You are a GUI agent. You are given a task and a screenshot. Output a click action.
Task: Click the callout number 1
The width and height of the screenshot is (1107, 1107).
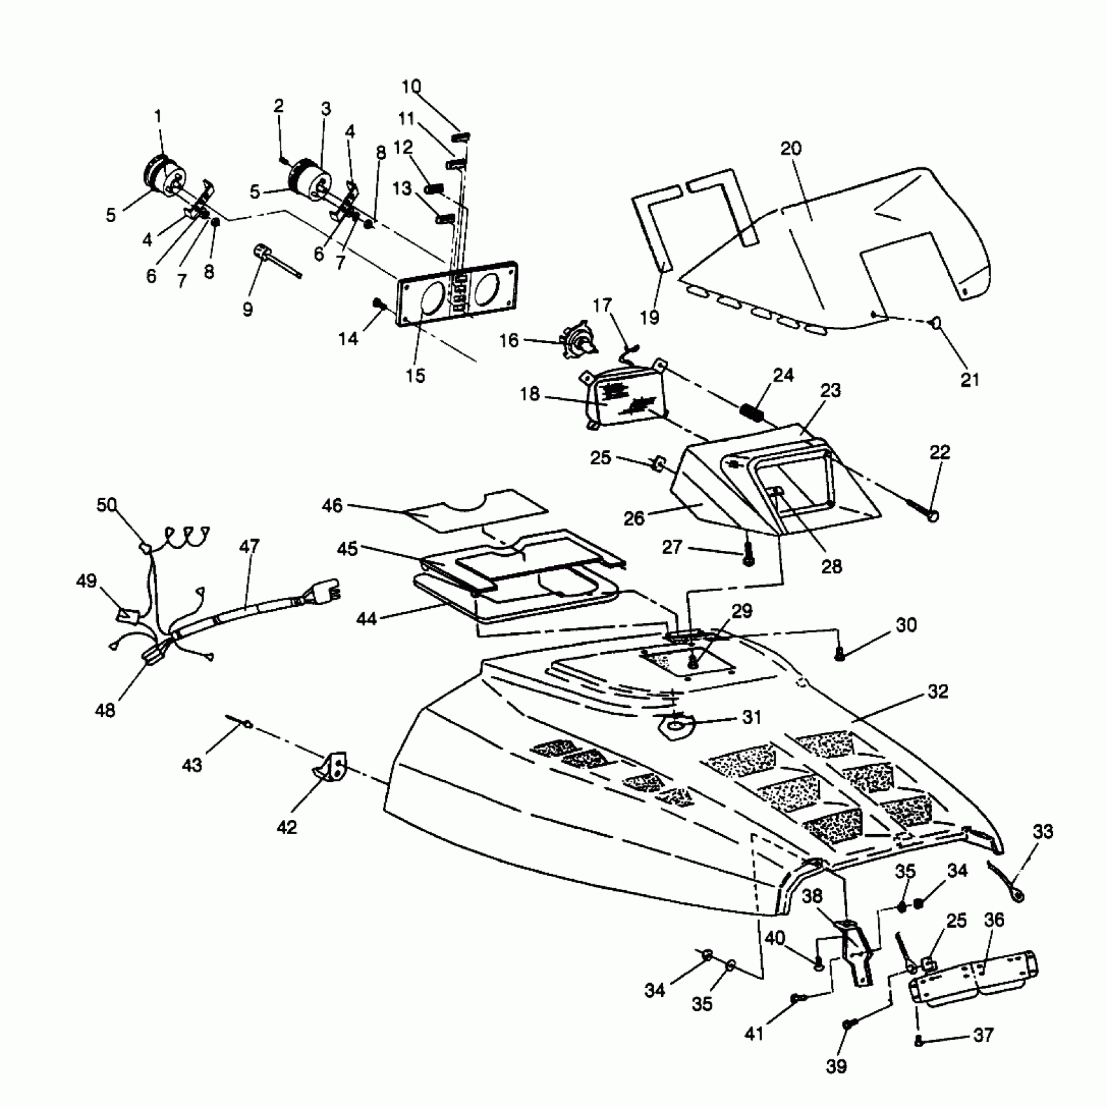(x=158, y=117)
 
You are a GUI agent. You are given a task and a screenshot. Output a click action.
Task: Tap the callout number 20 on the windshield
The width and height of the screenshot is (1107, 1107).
(x=791, y=148)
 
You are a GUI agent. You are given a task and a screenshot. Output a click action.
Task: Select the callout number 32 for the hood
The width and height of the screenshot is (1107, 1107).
(x=938, y=692)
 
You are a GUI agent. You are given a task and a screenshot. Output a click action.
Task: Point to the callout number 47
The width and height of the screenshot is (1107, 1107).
(x=249, y=546)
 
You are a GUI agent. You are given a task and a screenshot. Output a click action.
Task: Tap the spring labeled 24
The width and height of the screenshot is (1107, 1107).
(x=751, y=412)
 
